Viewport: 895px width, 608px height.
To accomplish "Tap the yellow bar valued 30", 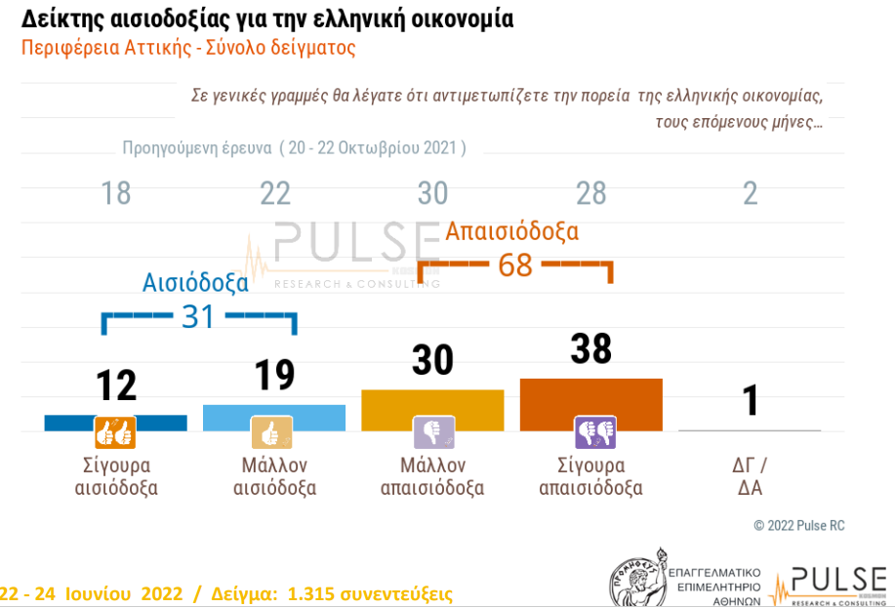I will pos(432,410).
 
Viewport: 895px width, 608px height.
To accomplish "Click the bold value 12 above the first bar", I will pos(116,386).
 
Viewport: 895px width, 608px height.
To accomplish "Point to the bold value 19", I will pos(275,375).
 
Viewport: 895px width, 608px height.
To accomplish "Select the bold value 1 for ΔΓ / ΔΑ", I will pos(751,400).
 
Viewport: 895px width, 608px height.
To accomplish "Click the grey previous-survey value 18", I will pos(116,193).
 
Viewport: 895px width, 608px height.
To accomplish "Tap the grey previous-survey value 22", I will pos(275,193).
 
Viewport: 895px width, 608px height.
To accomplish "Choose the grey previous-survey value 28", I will pos(591,193).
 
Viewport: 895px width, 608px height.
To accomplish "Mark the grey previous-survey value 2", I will pos(751,193).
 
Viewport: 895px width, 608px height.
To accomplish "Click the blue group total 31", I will pos(198,316).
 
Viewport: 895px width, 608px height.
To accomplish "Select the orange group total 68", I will pos(514,264).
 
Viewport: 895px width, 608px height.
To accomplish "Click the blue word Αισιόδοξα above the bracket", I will pos(195,283).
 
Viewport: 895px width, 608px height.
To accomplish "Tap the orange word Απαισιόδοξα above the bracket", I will pos(512,231).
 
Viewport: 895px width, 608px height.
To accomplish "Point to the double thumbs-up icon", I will pos(114,430).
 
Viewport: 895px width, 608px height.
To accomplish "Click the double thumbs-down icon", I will pos(593,430).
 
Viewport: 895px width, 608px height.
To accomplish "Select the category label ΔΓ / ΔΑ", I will pos(751,476).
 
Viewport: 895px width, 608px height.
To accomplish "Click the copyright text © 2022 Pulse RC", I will pos(799,526).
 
